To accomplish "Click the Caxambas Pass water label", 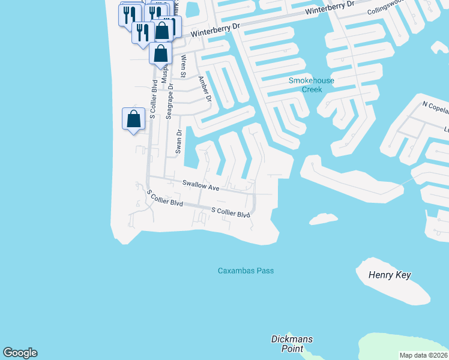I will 246,271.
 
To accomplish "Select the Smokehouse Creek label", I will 312,85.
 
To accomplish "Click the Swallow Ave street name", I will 201,186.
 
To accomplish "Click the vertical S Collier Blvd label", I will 153,98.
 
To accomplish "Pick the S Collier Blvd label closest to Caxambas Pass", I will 231,213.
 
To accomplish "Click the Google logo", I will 20,353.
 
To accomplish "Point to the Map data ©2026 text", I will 423,355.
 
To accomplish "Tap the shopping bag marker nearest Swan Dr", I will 133,118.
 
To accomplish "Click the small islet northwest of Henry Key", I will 324,218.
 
